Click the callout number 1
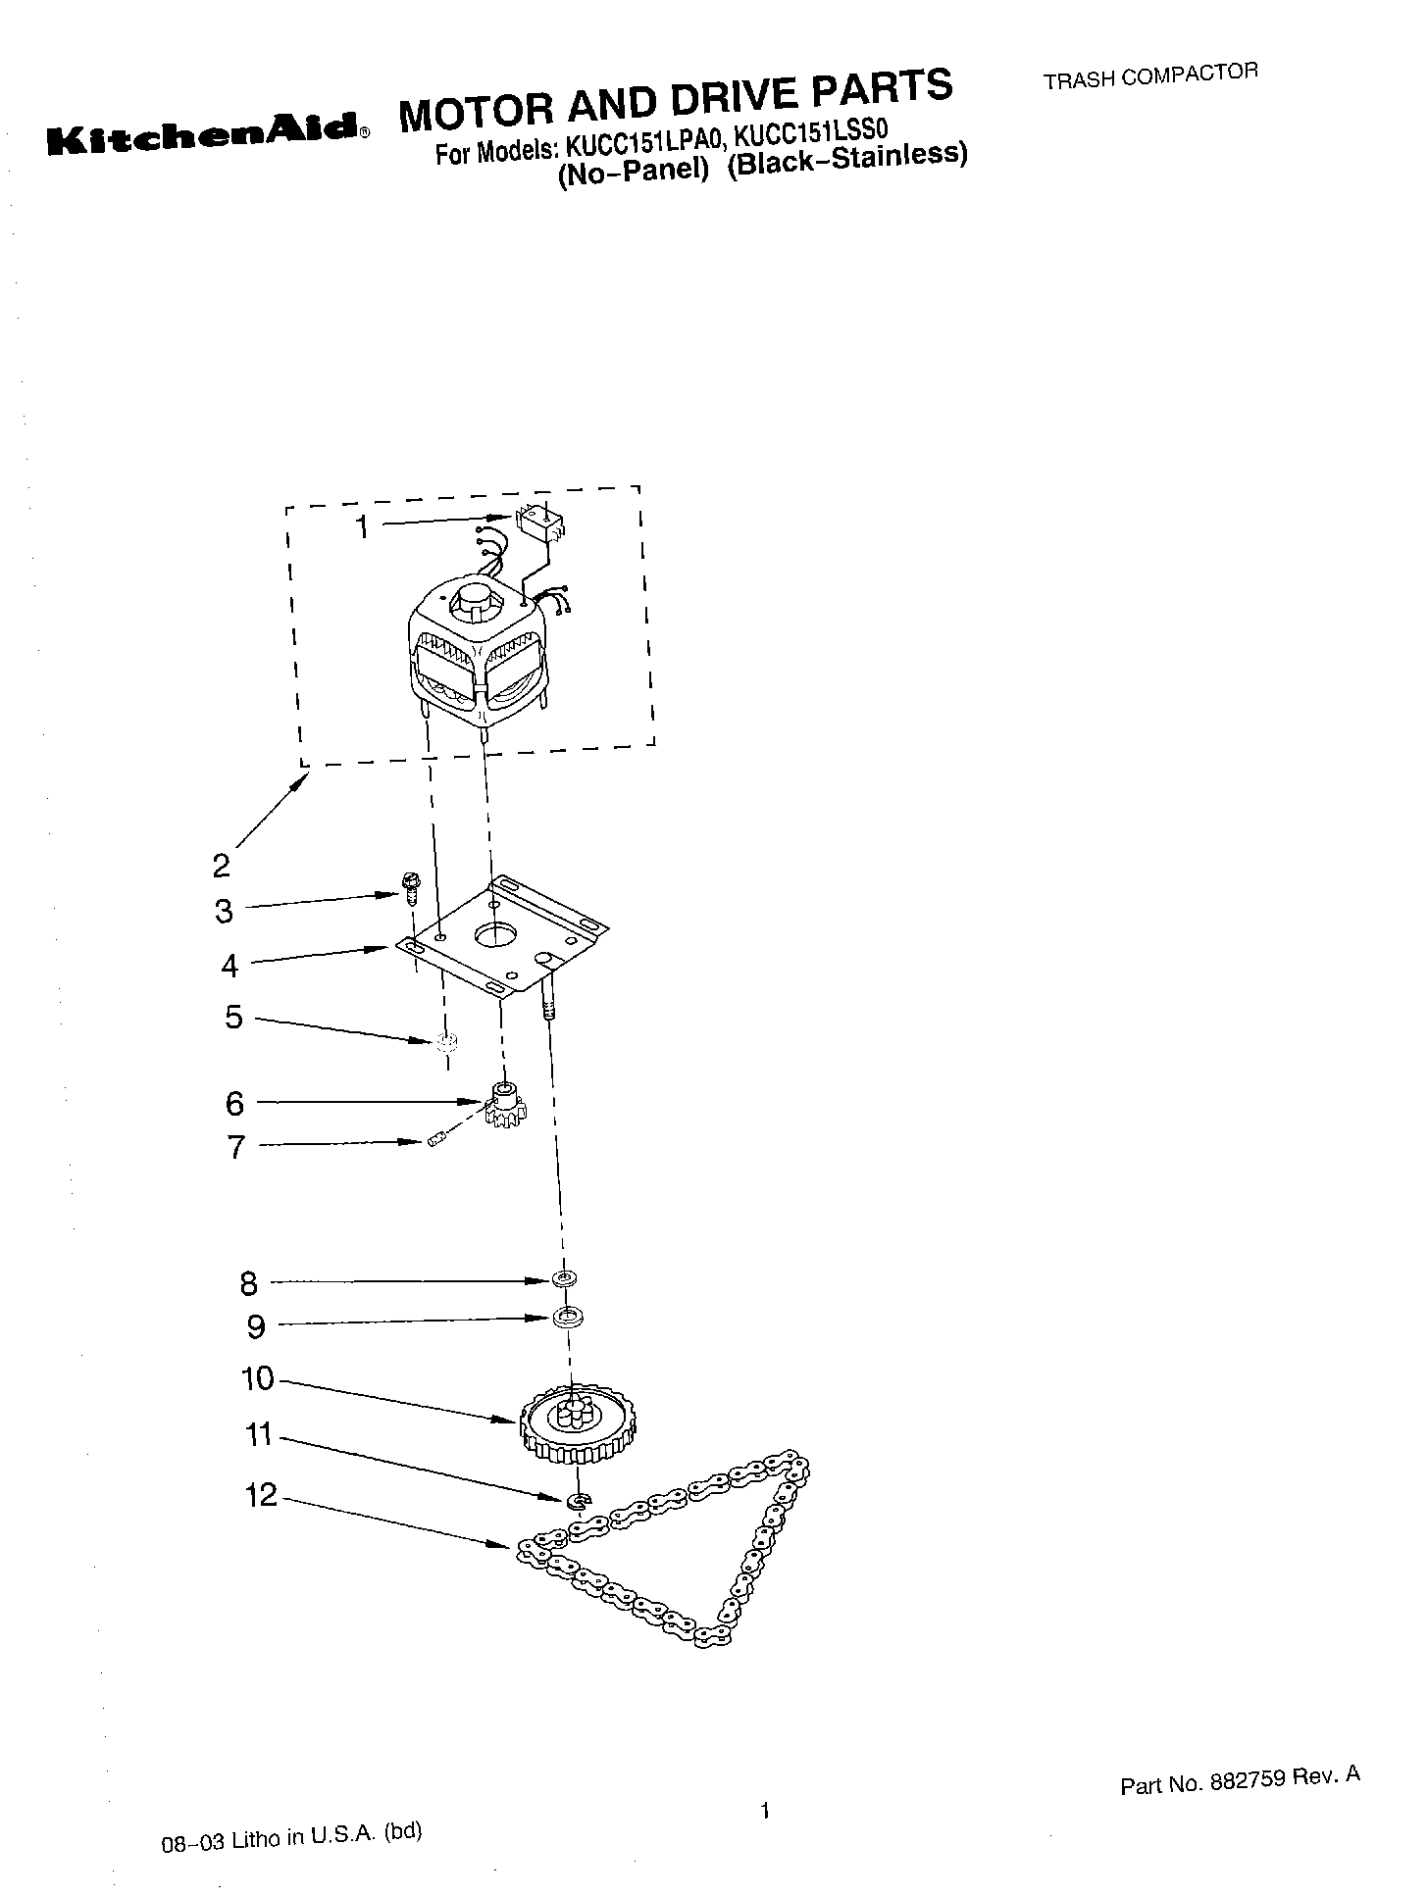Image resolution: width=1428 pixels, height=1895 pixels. [362, 527]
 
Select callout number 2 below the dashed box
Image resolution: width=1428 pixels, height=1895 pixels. [222, 866]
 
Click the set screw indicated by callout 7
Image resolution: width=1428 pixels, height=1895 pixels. [435, 1140]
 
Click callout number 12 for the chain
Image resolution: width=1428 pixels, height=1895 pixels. [262, 1497]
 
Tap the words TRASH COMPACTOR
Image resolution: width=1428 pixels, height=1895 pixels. [1149, 75]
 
